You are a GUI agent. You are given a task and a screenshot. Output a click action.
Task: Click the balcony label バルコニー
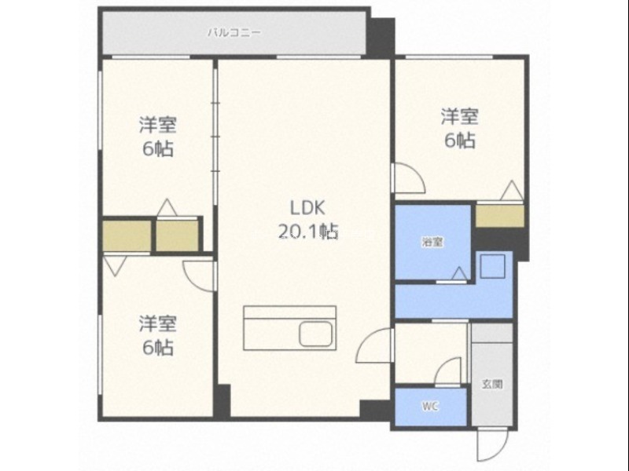pos(234,32)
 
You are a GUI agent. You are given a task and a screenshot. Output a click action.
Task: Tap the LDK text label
pos(307,208)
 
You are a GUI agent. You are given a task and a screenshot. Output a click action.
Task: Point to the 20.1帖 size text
pos(308,231)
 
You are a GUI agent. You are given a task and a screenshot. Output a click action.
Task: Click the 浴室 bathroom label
pos(432,242)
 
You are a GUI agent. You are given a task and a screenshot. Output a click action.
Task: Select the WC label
pos(429,407)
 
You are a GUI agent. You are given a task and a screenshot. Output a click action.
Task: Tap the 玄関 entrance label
pos(492,384)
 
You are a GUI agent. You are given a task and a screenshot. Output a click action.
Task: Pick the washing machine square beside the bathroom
pos(493,266)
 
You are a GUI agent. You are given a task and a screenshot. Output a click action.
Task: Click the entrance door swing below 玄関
pos(493,445)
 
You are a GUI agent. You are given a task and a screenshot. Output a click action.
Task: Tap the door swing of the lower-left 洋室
pos(199,276)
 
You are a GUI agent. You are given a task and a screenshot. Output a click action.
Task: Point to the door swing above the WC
pos(448,372)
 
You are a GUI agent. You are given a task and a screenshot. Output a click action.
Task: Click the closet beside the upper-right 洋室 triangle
pos(500,216)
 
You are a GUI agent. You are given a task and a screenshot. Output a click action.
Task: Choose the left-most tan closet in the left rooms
pos(127,235)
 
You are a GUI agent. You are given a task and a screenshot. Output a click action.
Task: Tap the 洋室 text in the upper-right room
pos(460,116)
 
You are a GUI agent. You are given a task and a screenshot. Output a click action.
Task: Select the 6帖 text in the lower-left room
pos(158,347)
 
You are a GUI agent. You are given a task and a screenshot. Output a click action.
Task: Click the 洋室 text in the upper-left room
pos(158,125)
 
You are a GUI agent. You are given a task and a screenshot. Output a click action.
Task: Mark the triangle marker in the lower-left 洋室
pos(115,265)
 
